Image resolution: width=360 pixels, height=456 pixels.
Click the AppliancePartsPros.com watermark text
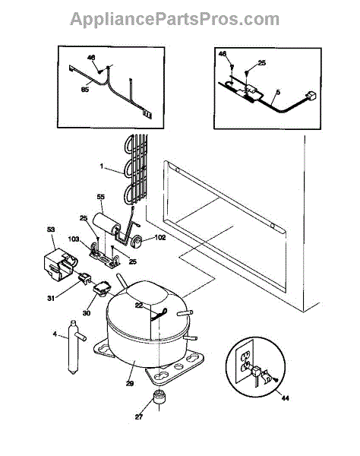tap(175, 19)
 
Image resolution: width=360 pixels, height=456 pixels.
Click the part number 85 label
tap(85, 90)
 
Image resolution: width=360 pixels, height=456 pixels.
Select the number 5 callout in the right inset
tap(278, 93)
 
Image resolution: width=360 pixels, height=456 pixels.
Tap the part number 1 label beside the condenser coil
tap(102, 166)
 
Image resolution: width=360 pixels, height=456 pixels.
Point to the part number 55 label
tap(100, 197)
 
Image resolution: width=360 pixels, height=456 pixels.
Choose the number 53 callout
tap(51, 230)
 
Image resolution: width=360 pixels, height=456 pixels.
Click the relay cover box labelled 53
tap(59, 264)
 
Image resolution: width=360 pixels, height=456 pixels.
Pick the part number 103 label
tap(74, 239)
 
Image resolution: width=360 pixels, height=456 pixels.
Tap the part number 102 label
tap(160, 238)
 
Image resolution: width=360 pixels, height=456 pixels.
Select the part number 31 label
tap(51, 299)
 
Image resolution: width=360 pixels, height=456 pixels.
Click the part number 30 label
tap(87, 313)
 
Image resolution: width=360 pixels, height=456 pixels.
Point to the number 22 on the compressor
tap(139, 306)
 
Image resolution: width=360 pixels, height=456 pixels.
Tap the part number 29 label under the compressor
tap(130, 384)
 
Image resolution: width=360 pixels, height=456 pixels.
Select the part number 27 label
tap(139, 416)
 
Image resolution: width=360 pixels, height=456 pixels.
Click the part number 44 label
tap(286, 398)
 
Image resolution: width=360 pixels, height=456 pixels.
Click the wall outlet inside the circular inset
tap(246, 362)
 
